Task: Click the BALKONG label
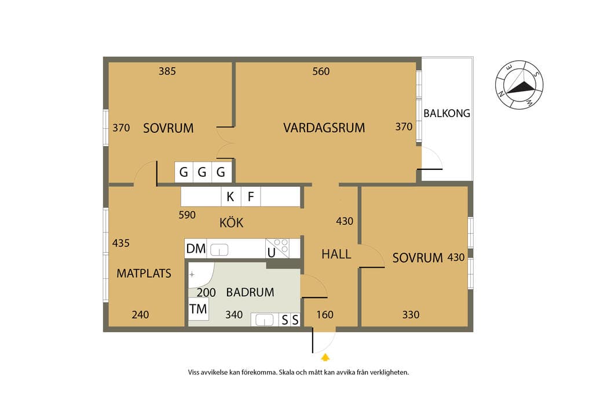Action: [446, 113]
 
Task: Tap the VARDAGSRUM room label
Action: [324, 128]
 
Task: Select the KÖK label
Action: [232, 222]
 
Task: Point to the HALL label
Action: [336, 254]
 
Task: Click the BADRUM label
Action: [250, 292]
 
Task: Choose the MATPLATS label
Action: [144, 273]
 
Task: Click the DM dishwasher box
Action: [196, 249]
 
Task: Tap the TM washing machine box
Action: [199, 309]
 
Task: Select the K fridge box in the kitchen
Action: [230, 197]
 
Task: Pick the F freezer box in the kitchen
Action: [250, 197]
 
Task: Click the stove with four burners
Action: [277, 248]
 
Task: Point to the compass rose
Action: [519, 85]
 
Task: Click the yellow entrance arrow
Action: [325, 357]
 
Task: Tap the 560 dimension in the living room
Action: [321, 71]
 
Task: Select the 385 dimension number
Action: [167, 71]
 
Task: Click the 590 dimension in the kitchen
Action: [187, 215]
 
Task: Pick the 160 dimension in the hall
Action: [325, 315]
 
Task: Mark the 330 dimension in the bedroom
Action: [411, 315]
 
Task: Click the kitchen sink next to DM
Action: [219, 250]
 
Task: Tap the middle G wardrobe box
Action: [202, 172]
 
